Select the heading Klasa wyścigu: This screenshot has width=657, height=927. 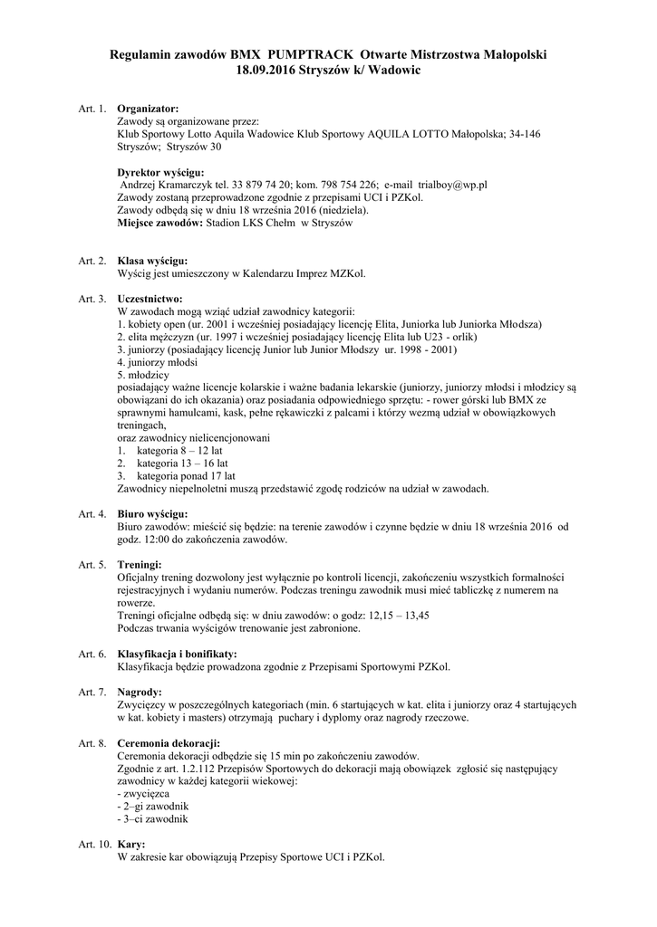click(152, 261)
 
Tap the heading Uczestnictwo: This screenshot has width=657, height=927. click(150, 298)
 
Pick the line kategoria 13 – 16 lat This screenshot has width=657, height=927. click(181, 463)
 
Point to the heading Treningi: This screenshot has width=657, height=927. click(140, 565)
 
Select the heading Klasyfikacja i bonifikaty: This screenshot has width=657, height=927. click(178, 654)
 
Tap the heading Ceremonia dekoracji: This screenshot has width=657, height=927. click(169, 742)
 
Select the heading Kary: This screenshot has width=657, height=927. click(131, 844)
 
